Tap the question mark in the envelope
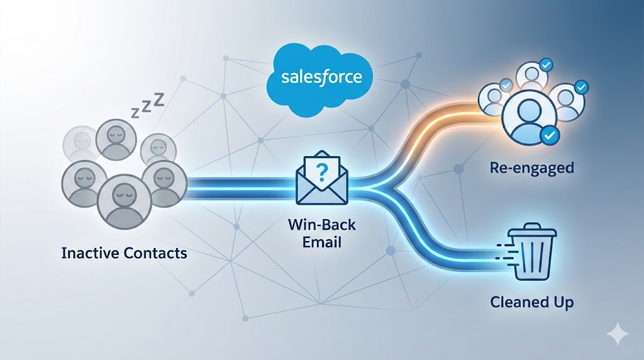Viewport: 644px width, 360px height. [x=321, y=174]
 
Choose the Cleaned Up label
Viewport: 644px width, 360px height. [x=531, y=302]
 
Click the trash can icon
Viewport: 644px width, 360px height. [x=531, y=252]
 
